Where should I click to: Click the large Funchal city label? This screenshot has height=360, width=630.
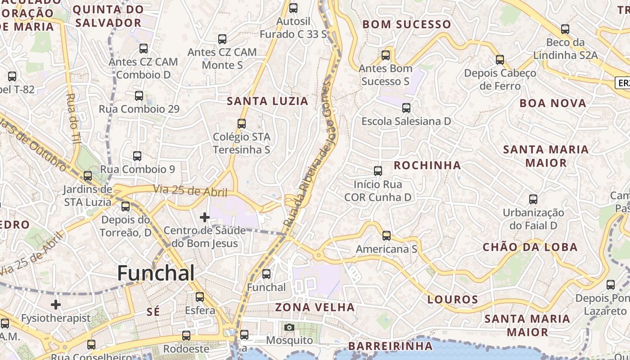point(156,273)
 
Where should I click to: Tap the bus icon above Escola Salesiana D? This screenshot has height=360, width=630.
point(406,108)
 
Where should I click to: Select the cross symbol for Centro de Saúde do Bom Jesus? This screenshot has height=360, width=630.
point(205,218)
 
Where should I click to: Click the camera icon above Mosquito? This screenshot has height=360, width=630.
point(289,327)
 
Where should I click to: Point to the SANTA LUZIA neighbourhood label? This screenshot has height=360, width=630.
point(268,101)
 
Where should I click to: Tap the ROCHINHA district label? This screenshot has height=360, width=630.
point(427,165)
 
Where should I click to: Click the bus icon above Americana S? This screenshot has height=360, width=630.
point(386,236)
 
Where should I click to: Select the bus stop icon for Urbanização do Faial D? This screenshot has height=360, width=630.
point(533,199)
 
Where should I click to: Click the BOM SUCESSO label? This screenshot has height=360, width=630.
point(406,25)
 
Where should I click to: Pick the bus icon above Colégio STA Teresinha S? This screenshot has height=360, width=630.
point(242,123)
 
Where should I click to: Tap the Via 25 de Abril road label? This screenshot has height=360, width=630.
point(190,191)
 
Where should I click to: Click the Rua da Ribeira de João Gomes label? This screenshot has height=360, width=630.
point(311,153)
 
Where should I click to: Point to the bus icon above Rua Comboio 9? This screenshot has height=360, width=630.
point(137,156)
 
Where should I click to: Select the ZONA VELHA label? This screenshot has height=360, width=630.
point(315,308)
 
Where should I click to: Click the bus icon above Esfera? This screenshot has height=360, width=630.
point(200,297)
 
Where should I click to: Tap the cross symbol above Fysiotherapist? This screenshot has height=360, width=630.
point(56,305)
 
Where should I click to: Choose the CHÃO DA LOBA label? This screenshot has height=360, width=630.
point(530,247)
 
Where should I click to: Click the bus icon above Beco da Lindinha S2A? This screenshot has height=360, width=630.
point(565,29)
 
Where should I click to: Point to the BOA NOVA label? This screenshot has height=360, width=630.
point(553,103)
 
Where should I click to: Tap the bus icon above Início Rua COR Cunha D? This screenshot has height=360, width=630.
point(378,171)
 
